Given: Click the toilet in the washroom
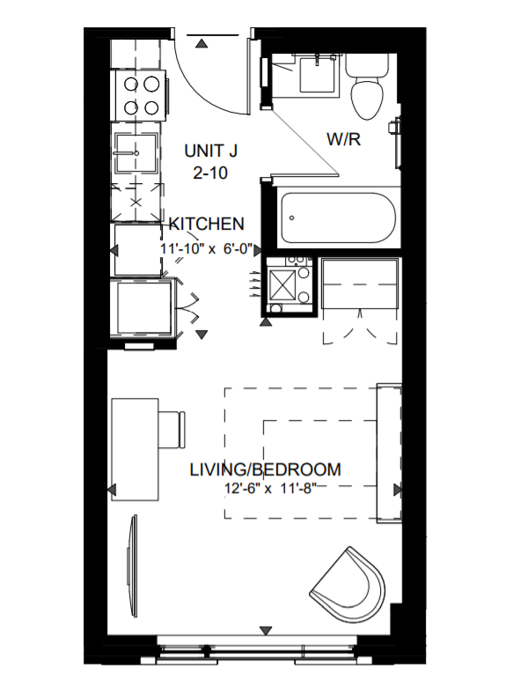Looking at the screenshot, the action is click(x=368, y=86).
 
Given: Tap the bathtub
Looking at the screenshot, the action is click(x=338, y=218).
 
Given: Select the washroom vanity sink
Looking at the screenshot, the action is click(x=317, y=74).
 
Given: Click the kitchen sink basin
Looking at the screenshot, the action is click(x=135, y=153).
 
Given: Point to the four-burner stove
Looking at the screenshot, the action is click(x=142, y=95).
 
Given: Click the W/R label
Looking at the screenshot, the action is click(x=343, y=139).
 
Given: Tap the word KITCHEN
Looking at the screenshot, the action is click(x=206, y=224).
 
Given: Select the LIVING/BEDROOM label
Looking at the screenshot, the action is click(x=266, y=470).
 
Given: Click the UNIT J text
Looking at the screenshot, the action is click(x=211, y=151).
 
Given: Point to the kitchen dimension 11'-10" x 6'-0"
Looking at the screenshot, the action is click(x=206, y=248).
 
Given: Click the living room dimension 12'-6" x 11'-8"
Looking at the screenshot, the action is click(x=270, y=489).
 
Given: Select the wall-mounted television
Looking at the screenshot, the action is click(x=132, y=566).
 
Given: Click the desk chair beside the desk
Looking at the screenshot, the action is click(x=172, y=430).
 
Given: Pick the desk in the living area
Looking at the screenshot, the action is click(x=135, y=450).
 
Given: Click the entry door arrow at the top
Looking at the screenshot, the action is click(x=202, y=43).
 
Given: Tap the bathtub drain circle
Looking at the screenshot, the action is click(x=292, y=218).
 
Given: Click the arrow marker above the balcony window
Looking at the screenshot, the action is click(x=266, y=630).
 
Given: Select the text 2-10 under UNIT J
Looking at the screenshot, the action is click(x=211, y=173).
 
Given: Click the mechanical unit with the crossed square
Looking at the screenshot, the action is click(x=282, y=284).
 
